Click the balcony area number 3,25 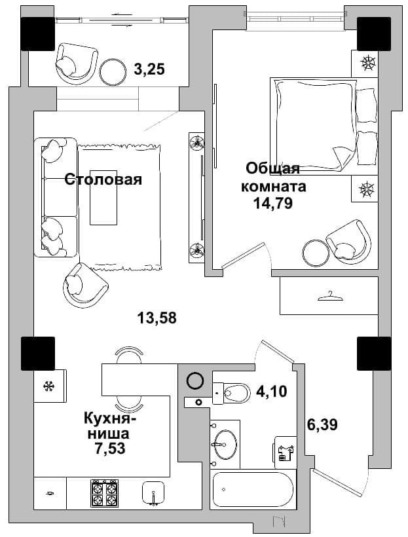tap(149, 69)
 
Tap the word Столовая tap(103, 179)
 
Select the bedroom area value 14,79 tap(272, 204)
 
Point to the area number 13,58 tap(157, 318)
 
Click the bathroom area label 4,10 tap(272, 391)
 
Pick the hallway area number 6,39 tap(322, 424)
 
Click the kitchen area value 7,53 tap(110, 449)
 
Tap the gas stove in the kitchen tap(105, 493)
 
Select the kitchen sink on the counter tap(153, 493)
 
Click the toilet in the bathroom tap(232, 394)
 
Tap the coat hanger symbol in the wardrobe tap(331, 296)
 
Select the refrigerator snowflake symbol tap(50, 386)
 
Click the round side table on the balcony tap(113, 72)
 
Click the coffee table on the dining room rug tap(103, 197)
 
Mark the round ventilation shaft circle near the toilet tap(195, 380)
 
